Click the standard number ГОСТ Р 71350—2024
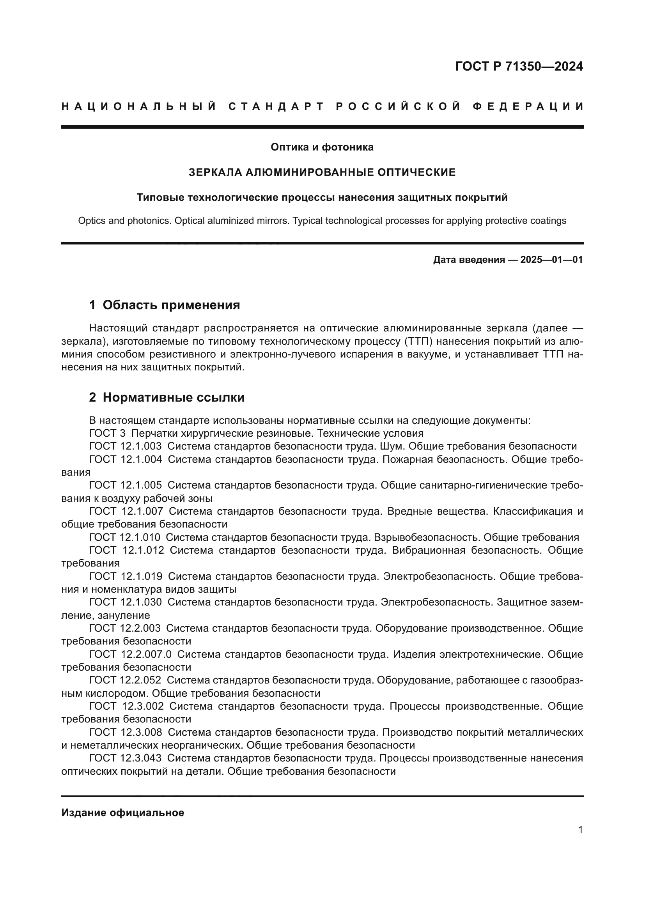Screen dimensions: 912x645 click(519, 66)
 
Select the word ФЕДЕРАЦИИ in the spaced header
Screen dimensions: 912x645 click(528, 106)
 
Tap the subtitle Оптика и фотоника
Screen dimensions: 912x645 click(322, 147)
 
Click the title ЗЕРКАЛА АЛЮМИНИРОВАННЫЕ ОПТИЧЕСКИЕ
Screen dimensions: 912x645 click(322, 172)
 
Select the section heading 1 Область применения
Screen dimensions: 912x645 click(165, 305)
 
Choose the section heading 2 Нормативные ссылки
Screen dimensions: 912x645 click(167, 397)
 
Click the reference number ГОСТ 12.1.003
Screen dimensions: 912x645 click(126, 446)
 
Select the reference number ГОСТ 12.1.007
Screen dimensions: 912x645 click(126, 511)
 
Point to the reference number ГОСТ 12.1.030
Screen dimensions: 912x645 click(126, 602)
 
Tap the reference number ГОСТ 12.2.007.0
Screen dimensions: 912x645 click(130, 654)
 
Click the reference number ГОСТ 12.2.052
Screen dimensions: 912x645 click(125, 680)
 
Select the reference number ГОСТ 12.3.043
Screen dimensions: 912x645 click(125, 758)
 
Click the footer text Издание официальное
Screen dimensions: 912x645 click(123, 813)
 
